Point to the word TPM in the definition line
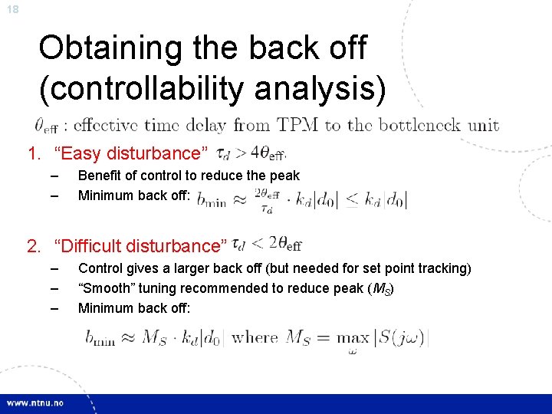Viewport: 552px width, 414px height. pos(298,125)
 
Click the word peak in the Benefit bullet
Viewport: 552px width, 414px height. pos(284,176)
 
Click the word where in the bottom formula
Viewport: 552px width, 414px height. pos(255,337)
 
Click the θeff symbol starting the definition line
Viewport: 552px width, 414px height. pos(47,126)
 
